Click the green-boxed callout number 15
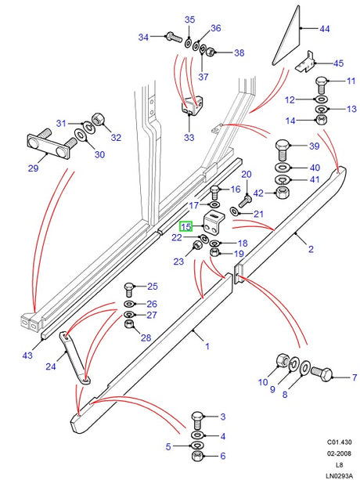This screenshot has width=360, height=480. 185,227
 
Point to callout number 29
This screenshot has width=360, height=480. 33,168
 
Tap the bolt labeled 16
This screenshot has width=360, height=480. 216,190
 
